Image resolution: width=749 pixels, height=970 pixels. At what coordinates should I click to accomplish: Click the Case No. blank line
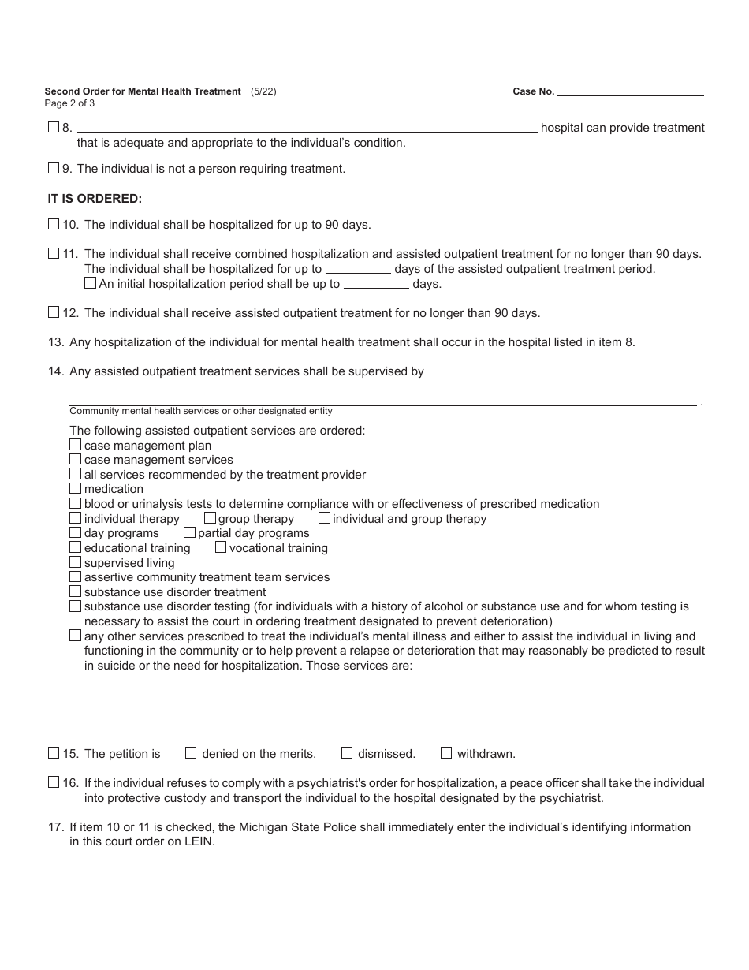click(630, 91)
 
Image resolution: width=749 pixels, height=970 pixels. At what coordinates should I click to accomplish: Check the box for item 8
click(54, 127)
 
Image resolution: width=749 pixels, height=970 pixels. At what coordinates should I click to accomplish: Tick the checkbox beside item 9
click(54, 168)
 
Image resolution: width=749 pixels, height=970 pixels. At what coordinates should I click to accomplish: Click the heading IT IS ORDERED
click(95, 199)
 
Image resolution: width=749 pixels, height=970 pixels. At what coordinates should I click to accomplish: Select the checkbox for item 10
click(54, 224)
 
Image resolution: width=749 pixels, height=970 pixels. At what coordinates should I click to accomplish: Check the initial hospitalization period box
click(90, 283)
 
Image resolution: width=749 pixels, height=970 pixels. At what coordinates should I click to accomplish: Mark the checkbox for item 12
click(54, 312)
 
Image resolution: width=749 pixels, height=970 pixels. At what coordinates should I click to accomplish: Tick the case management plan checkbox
click(76, 445)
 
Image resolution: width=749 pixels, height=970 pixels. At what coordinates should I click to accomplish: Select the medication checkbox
click(76, 488)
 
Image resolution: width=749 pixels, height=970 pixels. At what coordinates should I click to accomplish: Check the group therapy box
click(210, 518)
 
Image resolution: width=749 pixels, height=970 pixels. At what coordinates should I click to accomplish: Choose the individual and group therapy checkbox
click(324, 518)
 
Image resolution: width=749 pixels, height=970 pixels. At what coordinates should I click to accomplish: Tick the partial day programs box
click(189, 532)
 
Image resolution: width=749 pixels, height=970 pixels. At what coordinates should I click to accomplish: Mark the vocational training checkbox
click(221, 547)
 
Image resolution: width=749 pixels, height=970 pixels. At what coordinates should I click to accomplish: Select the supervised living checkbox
click(76, 562)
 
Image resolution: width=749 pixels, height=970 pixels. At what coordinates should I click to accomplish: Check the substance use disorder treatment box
click(76, 591)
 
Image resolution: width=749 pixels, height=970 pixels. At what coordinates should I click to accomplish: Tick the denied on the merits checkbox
click(191, 753)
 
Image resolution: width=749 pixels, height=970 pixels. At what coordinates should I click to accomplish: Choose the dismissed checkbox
click(347, 753)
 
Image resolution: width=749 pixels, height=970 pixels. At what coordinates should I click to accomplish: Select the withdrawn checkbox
click(446, 753)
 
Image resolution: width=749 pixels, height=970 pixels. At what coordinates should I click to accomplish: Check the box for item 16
click(54, 782)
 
